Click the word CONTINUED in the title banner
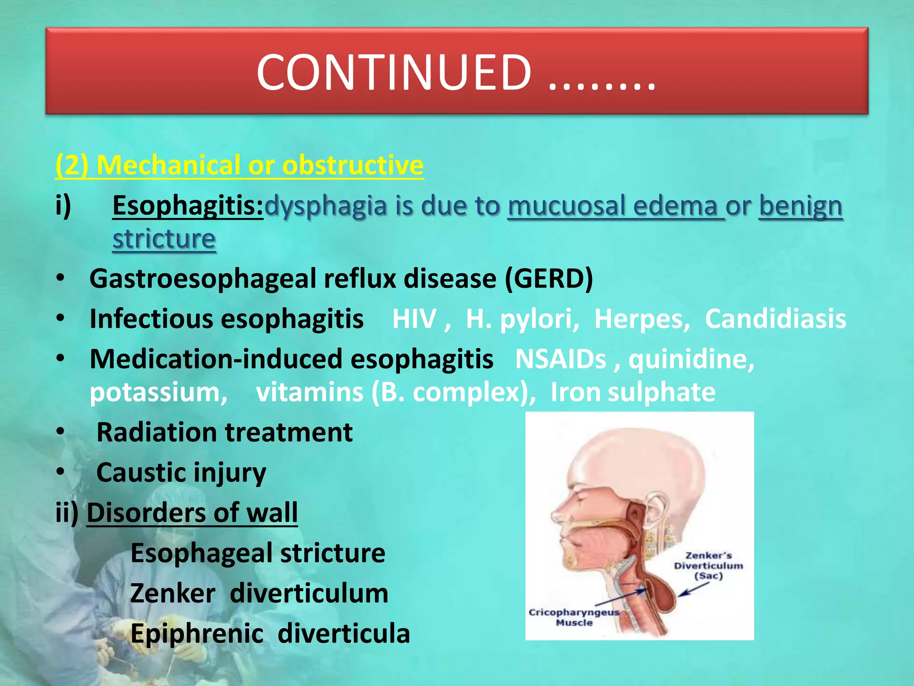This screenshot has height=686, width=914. click(x=394, y=72)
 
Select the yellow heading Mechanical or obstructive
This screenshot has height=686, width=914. click(x=240, y=165)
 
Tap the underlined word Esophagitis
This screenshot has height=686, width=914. click(x=187, y=206)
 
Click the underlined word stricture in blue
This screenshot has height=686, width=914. click(x=164, y=239)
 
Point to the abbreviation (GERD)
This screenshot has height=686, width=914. click(x=548, y=279)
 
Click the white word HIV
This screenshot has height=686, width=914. click(x=414, y=319)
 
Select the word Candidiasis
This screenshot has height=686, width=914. click(x=775, y=319)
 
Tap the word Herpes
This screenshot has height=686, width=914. click(x=642, y=319)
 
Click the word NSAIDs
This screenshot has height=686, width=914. click(x=561, y=359)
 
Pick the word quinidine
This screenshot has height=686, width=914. click(x=691, y=359)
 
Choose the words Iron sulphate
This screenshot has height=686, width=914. click(x=632, y=392)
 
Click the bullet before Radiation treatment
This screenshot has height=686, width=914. click(x=61, y=432)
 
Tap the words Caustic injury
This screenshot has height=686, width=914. click(x=181, y=473)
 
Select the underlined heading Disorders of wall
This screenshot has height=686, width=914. click(x=192, y=513)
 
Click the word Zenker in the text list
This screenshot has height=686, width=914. click(x=173, y=593)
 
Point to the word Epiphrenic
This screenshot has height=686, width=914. click(x=197, y=633)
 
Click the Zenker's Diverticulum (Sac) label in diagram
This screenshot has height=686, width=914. click(x=708, y=565)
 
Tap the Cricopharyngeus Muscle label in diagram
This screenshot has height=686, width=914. click(x=573, y=617)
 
